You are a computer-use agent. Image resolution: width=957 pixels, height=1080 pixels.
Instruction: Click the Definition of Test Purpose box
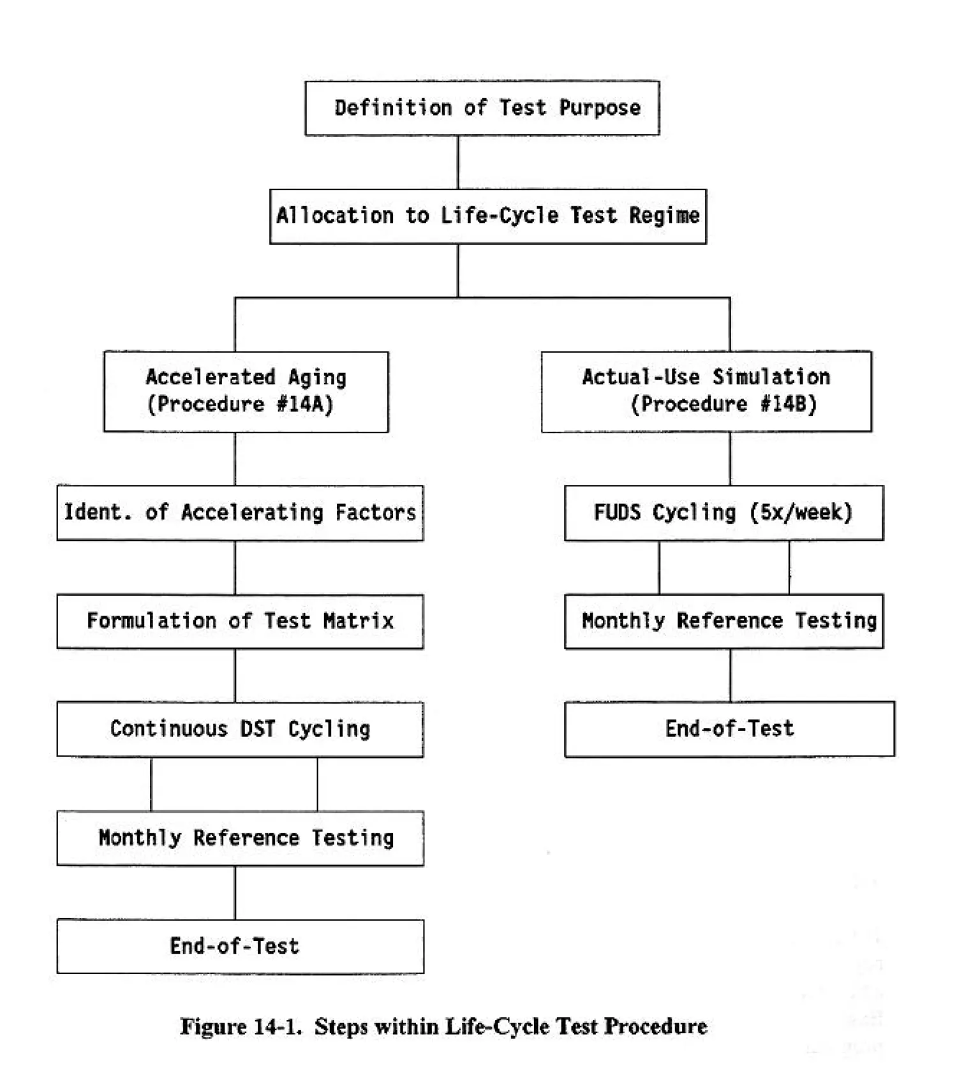(x=482, y=108)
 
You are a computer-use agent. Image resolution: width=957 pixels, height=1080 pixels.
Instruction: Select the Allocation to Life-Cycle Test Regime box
(x=487, y=216)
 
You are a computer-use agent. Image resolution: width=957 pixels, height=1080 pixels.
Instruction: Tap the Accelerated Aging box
(x=246, y=391)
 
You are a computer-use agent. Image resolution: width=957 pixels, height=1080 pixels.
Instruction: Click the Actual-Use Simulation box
(x=706, y=391)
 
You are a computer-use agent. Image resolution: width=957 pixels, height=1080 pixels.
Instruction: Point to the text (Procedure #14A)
(x=240, y=404)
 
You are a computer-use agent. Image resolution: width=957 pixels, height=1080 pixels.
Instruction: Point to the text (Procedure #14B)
(x=723, y=404)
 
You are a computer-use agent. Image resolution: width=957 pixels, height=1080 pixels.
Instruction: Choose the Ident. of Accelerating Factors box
(x=240, y=513)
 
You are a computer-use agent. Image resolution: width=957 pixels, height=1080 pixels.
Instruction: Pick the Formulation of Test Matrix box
(x=240, y=621)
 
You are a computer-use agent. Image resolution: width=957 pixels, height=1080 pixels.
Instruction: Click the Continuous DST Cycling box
(x=240, y=729)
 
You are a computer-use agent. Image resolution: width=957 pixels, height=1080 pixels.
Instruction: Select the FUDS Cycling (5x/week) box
(x=723, y=513)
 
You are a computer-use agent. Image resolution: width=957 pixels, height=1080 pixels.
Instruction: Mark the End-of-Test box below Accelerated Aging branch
(x=240, y=946)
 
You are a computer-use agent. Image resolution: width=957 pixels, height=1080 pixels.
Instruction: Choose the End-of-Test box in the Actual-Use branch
(x=729, y=729)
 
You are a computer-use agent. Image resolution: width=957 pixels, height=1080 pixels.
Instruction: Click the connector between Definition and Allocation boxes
(x=457, y=162)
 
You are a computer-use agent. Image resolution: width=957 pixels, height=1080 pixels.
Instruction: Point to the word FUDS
(x=617, y=512)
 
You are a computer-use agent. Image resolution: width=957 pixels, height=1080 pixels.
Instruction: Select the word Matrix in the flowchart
(x=358, y=621)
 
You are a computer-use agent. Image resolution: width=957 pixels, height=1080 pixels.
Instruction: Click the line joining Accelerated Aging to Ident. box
(x=235, y=459)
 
